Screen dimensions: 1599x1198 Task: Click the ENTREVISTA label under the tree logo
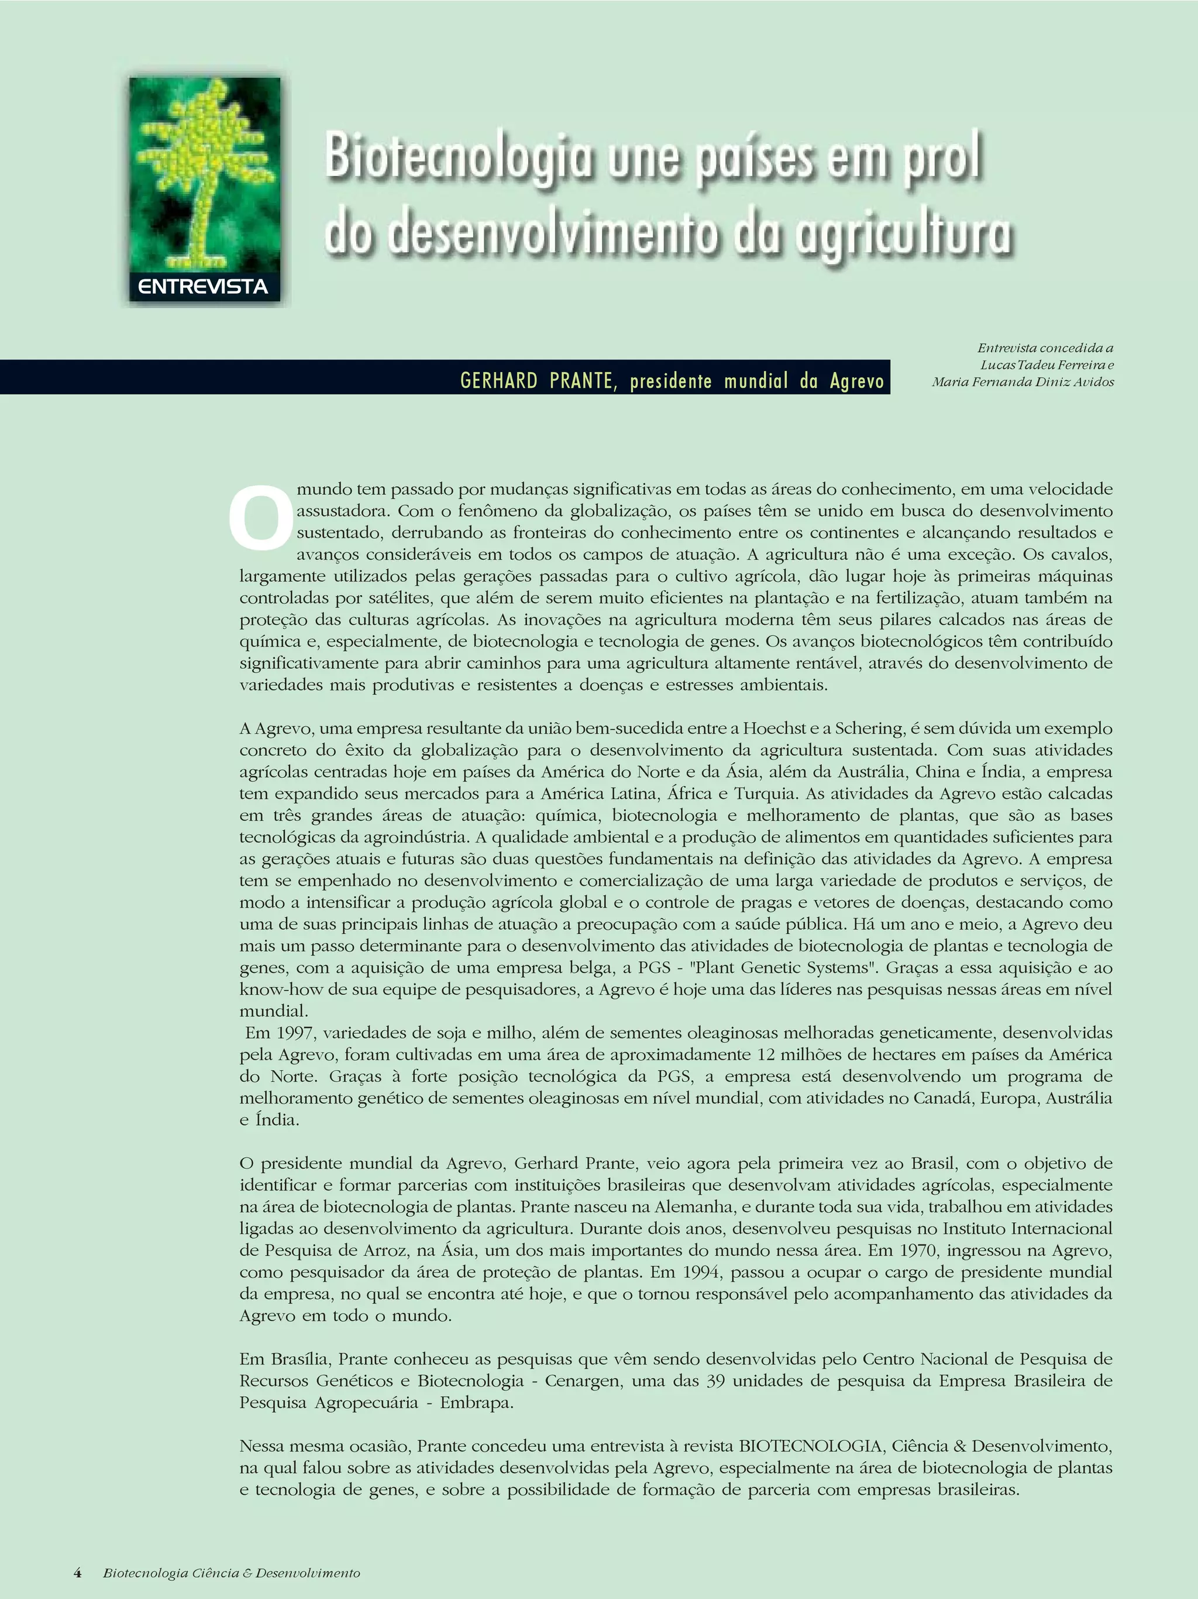click(203, 287)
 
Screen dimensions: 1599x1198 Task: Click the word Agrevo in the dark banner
click(857, 381)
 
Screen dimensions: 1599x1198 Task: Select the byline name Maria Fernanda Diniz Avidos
click(1023, 383)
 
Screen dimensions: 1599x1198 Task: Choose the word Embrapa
click(476, 1402)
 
